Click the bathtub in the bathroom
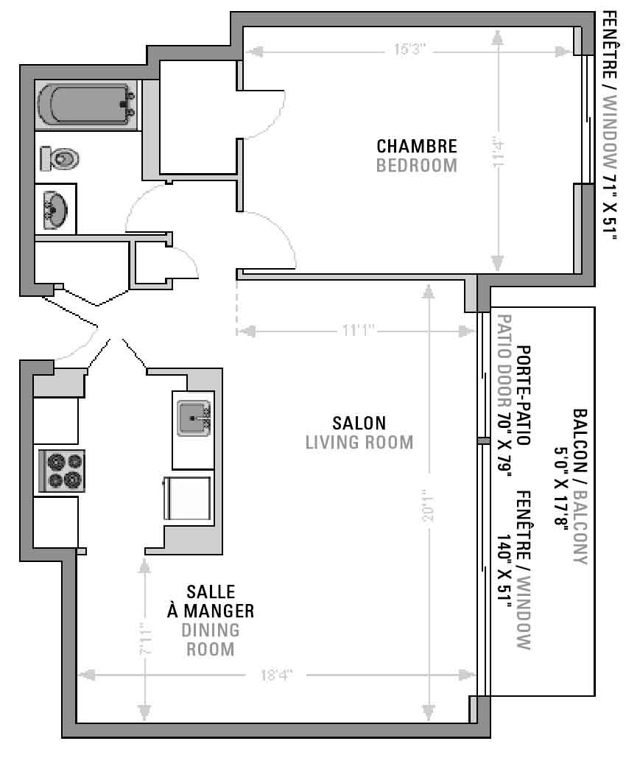point(86,105)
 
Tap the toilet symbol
point(60,158)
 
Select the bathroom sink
point(55,210)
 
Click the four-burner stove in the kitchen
point(62,471)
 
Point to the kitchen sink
point(194,418)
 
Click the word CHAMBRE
point(417,146)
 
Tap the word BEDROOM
point(417,166)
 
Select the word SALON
point(359,423)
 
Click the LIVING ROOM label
point(359,443)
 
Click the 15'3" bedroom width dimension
point(409,49)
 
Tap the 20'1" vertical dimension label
point(428,505)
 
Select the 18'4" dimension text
point(276,675)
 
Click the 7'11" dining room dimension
point(146,639)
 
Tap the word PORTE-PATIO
point(524,396)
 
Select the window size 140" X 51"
point(504,570)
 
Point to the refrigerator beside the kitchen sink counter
point(187,498)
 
